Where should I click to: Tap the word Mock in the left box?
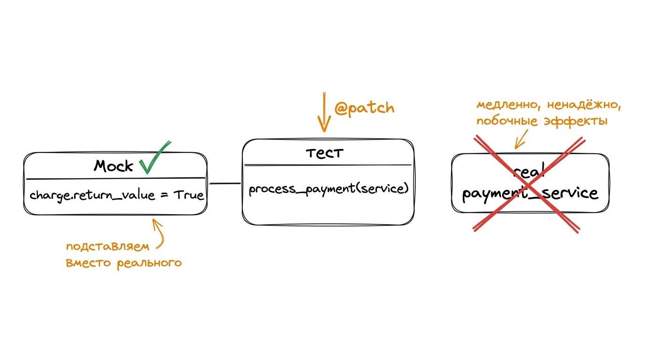coord(113,165)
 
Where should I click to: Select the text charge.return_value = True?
coord(117,195)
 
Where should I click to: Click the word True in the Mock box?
coord(188,195)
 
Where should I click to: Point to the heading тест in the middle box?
coord(324,153)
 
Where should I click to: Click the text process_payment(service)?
coord(329,189)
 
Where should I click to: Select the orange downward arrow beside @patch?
coord(324,112)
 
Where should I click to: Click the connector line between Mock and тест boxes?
coord(225,183)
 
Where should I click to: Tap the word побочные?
coord(507,120)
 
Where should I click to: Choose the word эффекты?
coord(576,121)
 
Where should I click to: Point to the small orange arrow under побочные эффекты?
coord(521,139)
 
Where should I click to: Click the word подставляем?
coord(108,247)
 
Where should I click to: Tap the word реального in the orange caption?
coord(150,263)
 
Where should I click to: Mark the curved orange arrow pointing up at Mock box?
coord(158,233)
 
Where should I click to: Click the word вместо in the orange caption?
coord(88,263)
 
